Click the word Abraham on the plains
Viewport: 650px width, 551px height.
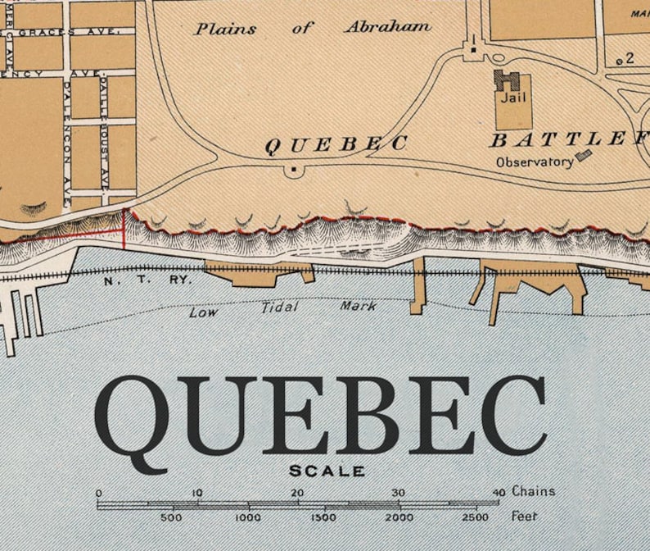[387, 27]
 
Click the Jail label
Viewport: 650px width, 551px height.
[513, 98]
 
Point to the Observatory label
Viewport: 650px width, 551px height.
[535, 162]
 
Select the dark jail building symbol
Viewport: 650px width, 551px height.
[507, 80]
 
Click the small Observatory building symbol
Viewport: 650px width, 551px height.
[583, 155]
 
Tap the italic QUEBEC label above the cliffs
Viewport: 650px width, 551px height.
[336, 144]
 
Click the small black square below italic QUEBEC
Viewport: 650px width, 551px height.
[293, 171]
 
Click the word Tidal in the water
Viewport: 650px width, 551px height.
[280, 308]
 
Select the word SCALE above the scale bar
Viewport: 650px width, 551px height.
[327, 471]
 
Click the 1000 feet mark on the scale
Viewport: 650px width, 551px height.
[248, 517]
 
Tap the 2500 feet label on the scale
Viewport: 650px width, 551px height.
[474, 517]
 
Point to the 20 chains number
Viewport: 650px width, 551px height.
[298, 493]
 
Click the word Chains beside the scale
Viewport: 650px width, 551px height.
[534, 492]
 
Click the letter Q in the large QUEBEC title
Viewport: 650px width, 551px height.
[131, 418]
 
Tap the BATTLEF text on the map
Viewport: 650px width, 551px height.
[568, 139]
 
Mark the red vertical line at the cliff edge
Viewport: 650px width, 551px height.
[124, 229]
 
